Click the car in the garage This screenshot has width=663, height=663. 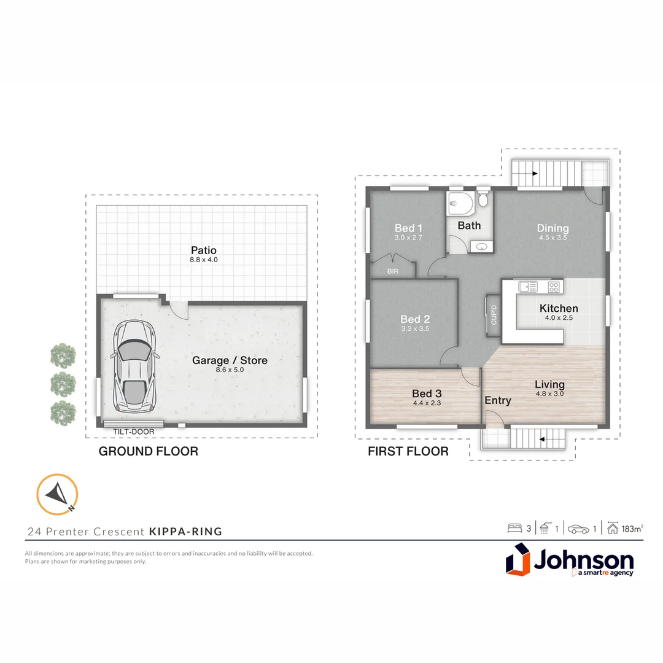click(135, 366)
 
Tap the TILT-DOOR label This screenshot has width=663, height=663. click(133, 432)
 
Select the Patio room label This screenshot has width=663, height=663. click(203, 250)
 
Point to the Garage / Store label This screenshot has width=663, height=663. click(230, 360)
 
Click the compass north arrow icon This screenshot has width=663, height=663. click(57, 494)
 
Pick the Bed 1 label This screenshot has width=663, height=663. click(408, 228)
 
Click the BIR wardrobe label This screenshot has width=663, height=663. click(393, 270)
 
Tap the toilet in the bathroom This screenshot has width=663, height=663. click(483, 200)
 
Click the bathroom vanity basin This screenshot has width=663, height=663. click(481, 246)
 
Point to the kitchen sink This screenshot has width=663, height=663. click(527, 286)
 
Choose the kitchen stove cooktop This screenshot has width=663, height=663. click(554, 286)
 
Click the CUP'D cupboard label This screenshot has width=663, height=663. click(494, 316)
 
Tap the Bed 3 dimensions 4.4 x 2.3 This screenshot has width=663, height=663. click(427, 403)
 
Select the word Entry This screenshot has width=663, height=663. click(498, 400)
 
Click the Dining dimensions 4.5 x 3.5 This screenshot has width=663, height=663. click(552, 238)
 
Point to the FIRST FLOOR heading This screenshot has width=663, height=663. click(408, 452)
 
